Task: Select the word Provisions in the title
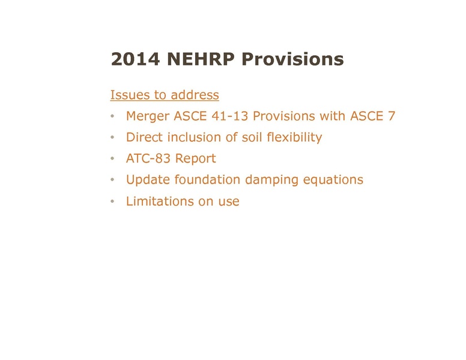pyautogui.click(x=293, y=59)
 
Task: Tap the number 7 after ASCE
pyautogui.click(x=392, y=116)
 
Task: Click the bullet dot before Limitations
pyautogui.click(x=113, y=202)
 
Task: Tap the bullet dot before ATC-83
pyautogui.click(x=113, y=160)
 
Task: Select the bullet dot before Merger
pyautogui.click(x=113, y=117)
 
